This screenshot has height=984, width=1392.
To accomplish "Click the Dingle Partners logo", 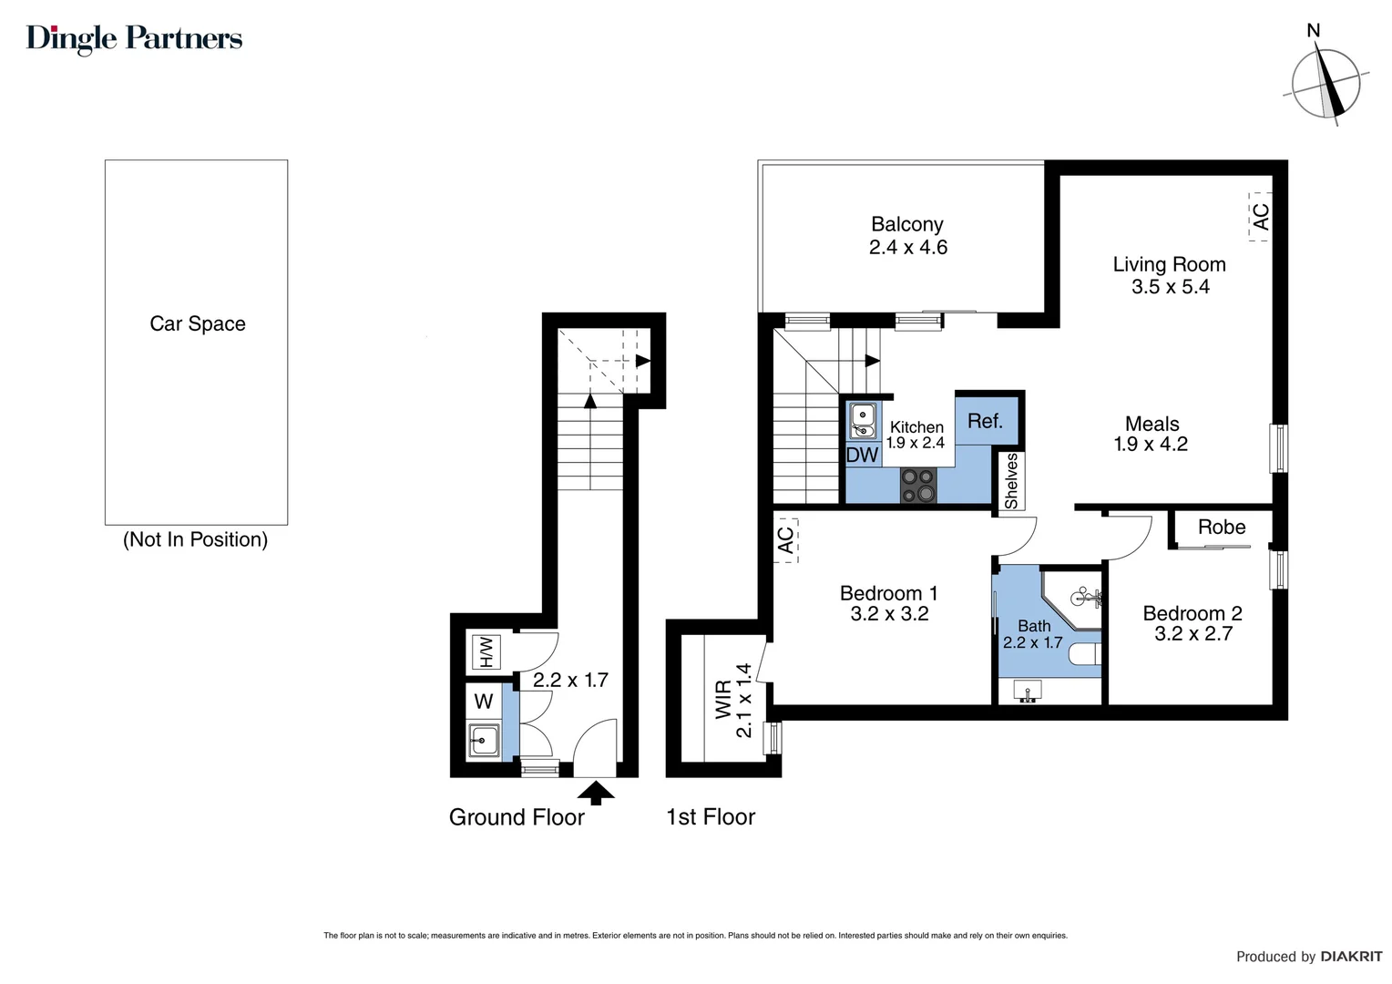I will [x=134, y=38].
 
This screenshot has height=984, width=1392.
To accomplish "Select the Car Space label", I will [x=197, y=323].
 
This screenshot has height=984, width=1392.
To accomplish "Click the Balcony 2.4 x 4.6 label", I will [x=907, y=236].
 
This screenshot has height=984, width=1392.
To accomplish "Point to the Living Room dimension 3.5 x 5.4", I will [x=1170, y=287].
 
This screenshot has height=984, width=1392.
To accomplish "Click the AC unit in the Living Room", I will [x=1260, y=217].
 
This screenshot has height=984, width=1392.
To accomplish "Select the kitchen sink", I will [x=862, y=420].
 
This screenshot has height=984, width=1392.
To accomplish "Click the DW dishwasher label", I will [x=862, y=455].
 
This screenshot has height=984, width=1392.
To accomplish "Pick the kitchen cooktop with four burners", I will [x=918, y=485].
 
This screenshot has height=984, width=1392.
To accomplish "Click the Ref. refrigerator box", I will [x=985, y=421].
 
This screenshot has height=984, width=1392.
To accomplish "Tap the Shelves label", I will [x=1010, y=481].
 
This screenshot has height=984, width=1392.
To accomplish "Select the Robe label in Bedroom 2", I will [x=1221, y=528].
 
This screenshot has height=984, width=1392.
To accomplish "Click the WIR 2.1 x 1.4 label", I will [x=733, y=700].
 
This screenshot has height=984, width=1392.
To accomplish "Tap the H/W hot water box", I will [x=486, y=651].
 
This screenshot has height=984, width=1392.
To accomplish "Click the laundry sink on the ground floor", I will [x=484, y=739].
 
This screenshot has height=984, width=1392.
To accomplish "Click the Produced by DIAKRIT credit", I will [x=1308, y=957].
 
